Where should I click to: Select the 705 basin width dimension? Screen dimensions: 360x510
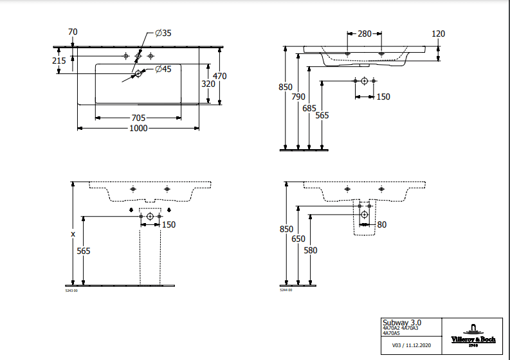138,118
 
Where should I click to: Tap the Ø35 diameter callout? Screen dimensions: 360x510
163,33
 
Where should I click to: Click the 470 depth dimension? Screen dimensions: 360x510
220,76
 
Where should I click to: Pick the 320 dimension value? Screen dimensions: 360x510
208,84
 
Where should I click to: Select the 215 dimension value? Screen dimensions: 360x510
59,60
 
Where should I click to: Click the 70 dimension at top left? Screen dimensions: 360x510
73,32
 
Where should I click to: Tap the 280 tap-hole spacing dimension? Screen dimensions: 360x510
365,33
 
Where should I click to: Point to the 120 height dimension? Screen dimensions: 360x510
439,33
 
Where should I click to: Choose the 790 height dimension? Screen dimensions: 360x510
298,97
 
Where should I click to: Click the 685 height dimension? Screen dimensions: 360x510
309,108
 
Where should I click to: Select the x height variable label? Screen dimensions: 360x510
73,235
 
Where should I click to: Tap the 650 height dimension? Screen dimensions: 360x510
298,239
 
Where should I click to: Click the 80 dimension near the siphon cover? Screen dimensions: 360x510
382,224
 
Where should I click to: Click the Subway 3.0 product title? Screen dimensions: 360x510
403,322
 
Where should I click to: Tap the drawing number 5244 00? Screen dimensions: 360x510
286,291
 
